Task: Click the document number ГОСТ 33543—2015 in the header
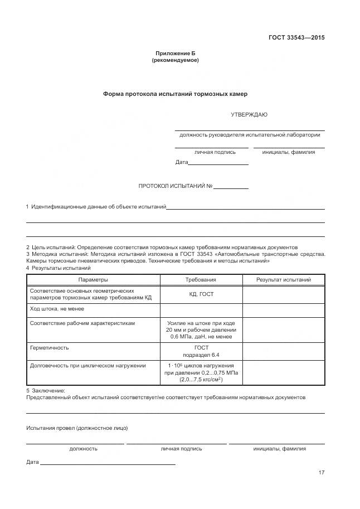pos(296,38)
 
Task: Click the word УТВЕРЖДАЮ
pos(249,115)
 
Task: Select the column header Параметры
pos(93,280)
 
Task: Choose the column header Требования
pos(201,280)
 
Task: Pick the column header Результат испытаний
pos(283,280)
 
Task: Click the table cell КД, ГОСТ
pos(201,294)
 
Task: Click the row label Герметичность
pos(49,347)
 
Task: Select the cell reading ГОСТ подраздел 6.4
pos(201,351)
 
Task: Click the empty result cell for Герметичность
pos(283,351)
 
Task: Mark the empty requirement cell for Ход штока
pos(201,309)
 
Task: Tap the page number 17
pos(322,473)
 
